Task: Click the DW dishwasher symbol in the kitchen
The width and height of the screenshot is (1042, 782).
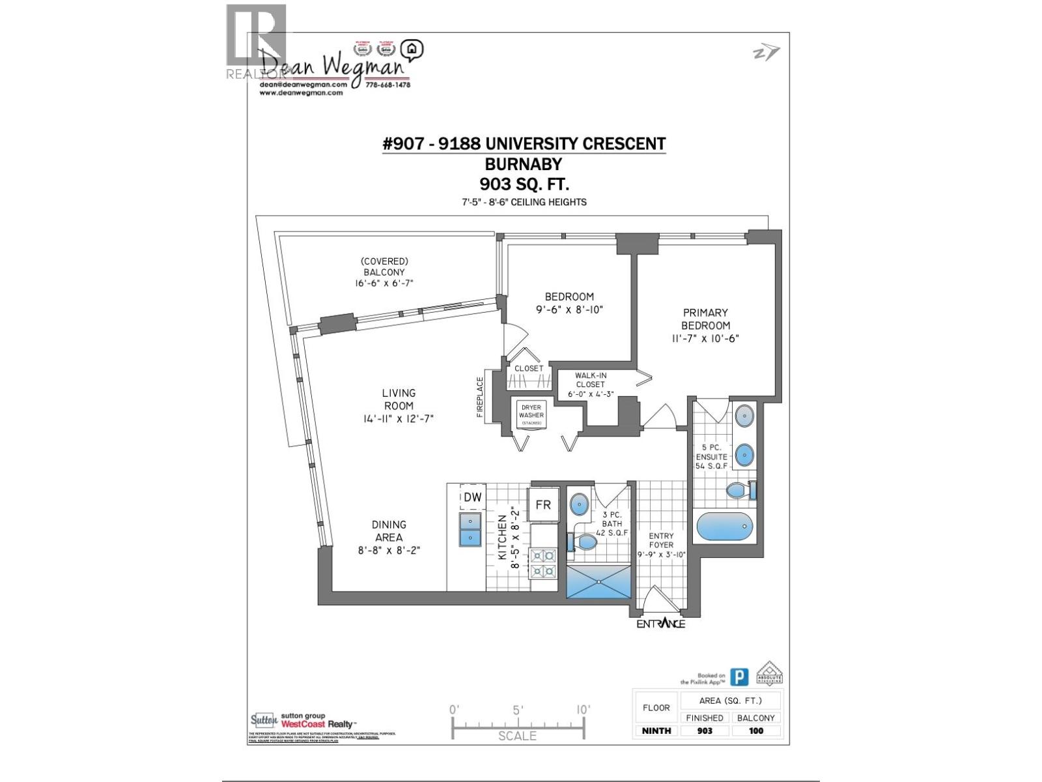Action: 473,497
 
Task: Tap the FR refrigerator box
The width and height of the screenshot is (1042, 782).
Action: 543,504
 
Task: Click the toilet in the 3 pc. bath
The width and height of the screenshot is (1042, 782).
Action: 584,542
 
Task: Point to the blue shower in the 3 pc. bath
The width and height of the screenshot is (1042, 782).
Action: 598,581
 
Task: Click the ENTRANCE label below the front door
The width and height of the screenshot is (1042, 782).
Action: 660,624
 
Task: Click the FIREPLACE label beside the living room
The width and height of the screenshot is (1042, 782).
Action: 481,397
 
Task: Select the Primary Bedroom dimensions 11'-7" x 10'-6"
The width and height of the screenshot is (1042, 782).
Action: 705,338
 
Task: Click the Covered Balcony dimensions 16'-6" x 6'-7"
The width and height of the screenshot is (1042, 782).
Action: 384,283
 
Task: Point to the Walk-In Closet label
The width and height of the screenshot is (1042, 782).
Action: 590,380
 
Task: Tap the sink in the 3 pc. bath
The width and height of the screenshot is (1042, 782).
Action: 579,503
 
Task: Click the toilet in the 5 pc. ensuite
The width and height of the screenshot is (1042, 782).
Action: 740,490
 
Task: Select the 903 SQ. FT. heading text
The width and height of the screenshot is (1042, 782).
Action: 524,183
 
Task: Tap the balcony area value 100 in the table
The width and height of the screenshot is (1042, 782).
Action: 755,731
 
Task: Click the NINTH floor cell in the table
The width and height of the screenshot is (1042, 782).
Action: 656,731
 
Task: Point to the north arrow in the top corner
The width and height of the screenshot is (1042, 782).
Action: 766,53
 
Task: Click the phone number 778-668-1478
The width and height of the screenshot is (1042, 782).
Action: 387,85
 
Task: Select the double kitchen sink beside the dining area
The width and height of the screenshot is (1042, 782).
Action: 470,529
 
